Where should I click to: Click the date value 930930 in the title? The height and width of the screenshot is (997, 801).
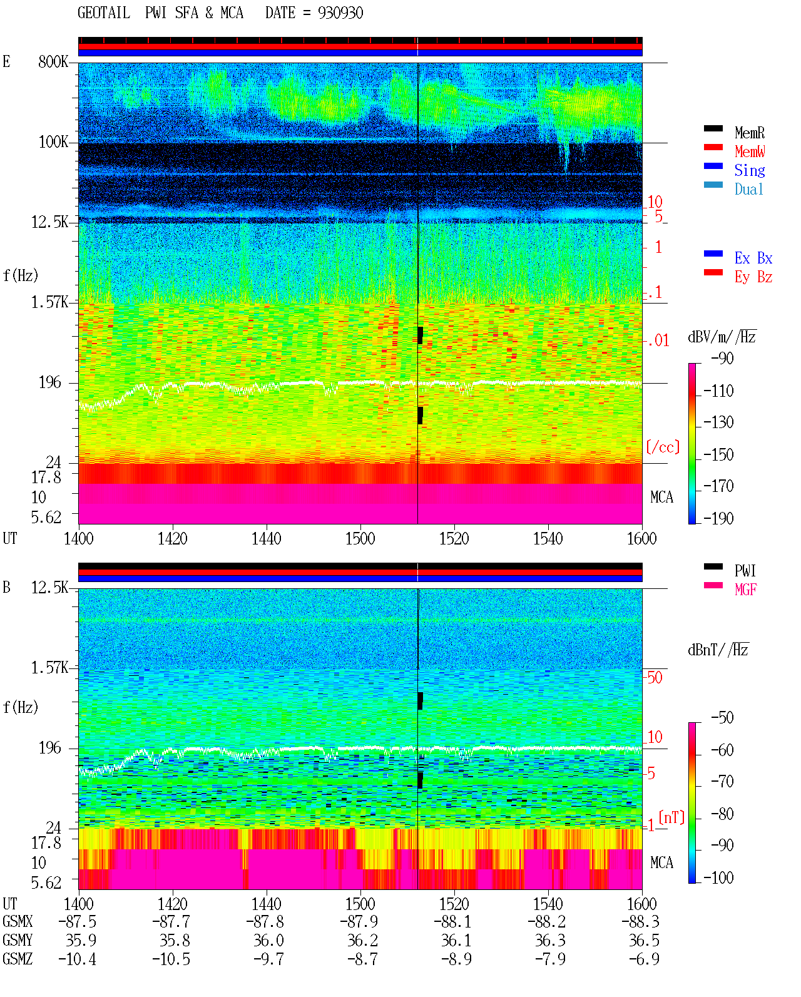click(x=340, y=13)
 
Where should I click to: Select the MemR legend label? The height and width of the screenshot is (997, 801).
click(x=750, y=133)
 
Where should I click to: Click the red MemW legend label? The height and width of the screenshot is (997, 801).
click(x=750, y=151)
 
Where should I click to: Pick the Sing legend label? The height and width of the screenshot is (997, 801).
click(x=750, y=170)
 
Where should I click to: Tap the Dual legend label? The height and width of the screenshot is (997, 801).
click(x=749, y=189)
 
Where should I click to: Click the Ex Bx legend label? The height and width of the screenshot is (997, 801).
click(x=753, y=258)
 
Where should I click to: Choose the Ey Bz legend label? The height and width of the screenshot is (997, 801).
click(x=753, y=277)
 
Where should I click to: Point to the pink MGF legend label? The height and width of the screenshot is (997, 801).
click(x=745, y=590)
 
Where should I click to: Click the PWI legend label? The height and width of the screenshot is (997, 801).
click(x=745, y=571)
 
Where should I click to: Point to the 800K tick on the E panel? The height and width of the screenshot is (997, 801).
click(x=53, y=61)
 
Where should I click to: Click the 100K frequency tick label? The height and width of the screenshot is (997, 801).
click(x=53, y=142)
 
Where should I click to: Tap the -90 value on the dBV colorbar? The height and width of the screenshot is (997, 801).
click(x=722, y=358)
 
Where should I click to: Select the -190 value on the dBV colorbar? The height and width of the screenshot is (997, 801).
click(x=718, y=518)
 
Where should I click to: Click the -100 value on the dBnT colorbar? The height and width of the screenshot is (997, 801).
click(x=718, y=877)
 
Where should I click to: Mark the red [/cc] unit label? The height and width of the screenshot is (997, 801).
click(x=663, y=447)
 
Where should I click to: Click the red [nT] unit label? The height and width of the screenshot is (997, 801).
click(x=671, y=817)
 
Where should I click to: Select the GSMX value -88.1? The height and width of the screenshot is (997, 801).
click(x=452, y=922)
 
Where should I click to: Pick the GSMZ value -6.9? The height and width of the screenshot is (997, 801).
click(x=644, y=959)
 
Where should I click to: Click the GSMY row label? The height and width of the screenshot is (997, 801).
click(x=18, y=941)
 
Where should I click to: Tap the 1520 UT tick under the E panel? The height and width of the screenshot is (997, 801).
click(x=454, y=539)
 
